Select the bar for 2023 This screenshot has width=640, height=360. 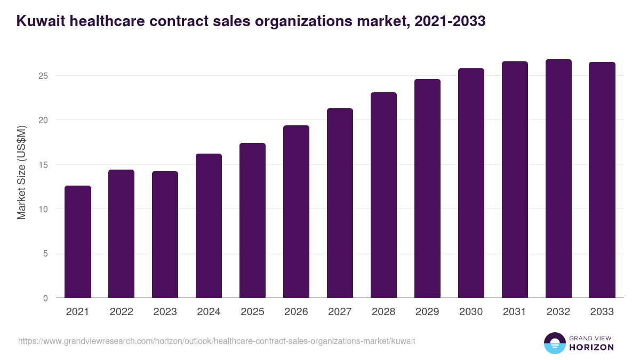point(165,235)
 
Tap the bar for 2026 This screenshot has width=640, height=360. point(296,212)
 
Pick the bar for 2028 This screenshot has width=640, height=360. point(383,195)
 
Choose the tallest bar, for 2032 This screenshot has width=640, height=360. point(558,179)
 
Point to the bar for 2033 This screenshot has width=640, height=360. point(602,180)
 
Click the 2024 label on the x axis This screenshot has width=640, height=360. point(209,312)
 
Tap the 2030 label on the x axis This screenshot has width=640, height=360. point(471,312)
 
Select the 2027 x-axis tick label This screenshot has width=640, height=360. point(340,312)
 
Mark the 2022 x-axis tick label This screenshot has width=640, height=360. point(121,312)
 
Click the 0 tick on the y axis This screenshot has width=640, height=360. point(45,298)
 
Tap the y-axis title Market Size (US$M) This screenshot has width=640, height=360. point(21,172)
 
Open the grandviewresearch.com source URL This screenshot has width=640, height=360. point(217,341)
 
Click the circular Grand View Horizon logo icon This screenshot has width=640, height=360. point(554,343)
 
